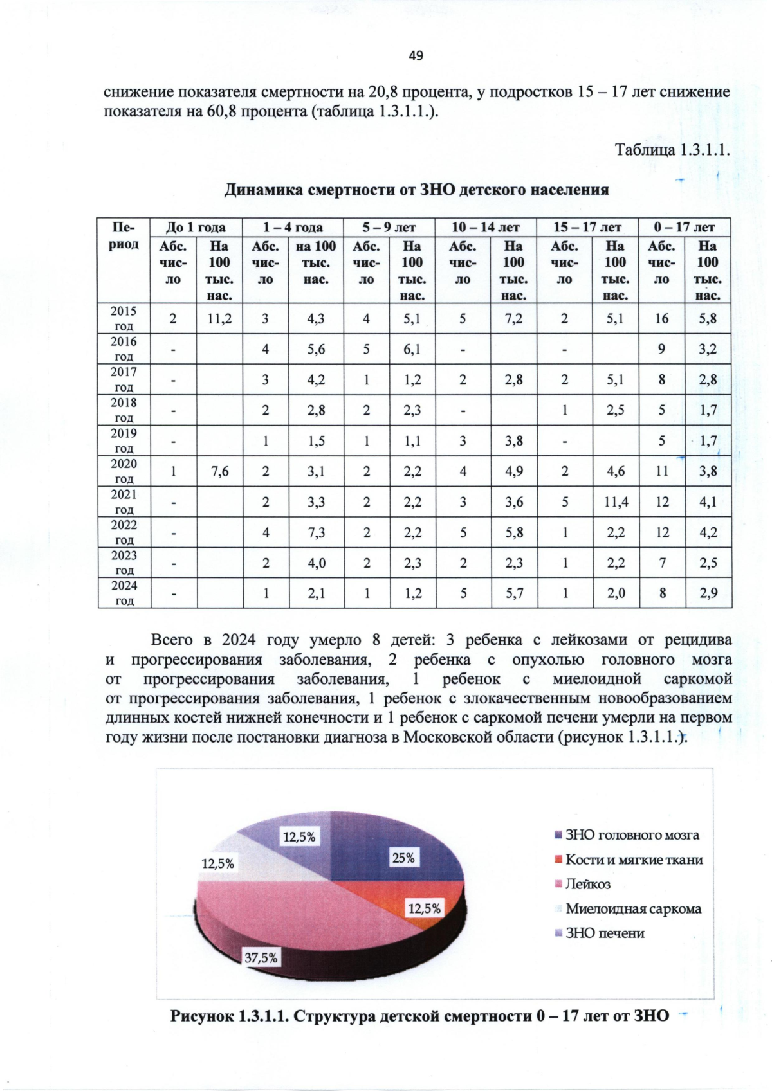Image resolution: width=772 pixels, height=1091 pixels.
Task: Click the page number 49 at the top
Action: (416, 55)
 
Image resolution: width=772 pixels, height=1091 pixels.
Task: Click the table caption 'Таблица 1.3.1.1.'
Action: (672, 150)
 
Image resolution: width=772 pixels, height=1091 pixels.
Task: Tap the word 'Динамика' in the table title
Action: (263, 190)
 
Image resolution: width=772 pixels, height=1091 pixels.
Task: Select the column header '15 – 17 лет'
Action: (587, 227)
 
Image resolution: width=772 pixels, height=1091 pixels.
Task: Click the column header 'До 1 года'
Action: (196, 227)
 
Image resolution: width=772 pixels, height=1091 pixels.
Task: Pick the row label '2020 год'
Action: (124, 471)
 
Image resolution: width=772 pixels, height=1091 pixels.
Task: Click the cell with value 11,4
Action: (616, 502)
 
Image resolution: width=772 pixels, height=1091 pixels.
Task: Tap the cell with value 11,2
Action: (219, 318)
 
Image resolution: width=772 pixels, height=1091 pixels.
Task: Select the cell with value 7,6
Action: (219, 471)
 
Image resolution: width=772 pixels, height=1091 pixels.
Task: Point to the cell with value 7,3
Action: (316, 532)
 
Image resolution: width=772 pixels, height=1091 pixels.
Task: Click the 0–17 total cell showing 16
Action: (661, 318)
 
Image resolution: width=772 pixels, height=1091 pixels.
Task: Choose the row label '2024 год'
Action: (124, 593)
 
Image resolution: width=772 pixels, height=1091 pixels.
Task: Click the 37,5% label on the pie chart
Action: (261, 957)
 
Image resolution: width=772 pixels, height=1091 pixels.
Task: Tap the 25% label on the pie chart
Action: (403, 858)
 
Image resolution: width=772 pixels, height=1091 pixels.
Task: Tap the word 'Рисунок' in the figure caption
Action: (199, 1016)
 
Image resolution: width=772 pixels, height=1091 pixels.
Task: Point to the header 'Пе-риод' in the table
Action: (124, 235)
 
